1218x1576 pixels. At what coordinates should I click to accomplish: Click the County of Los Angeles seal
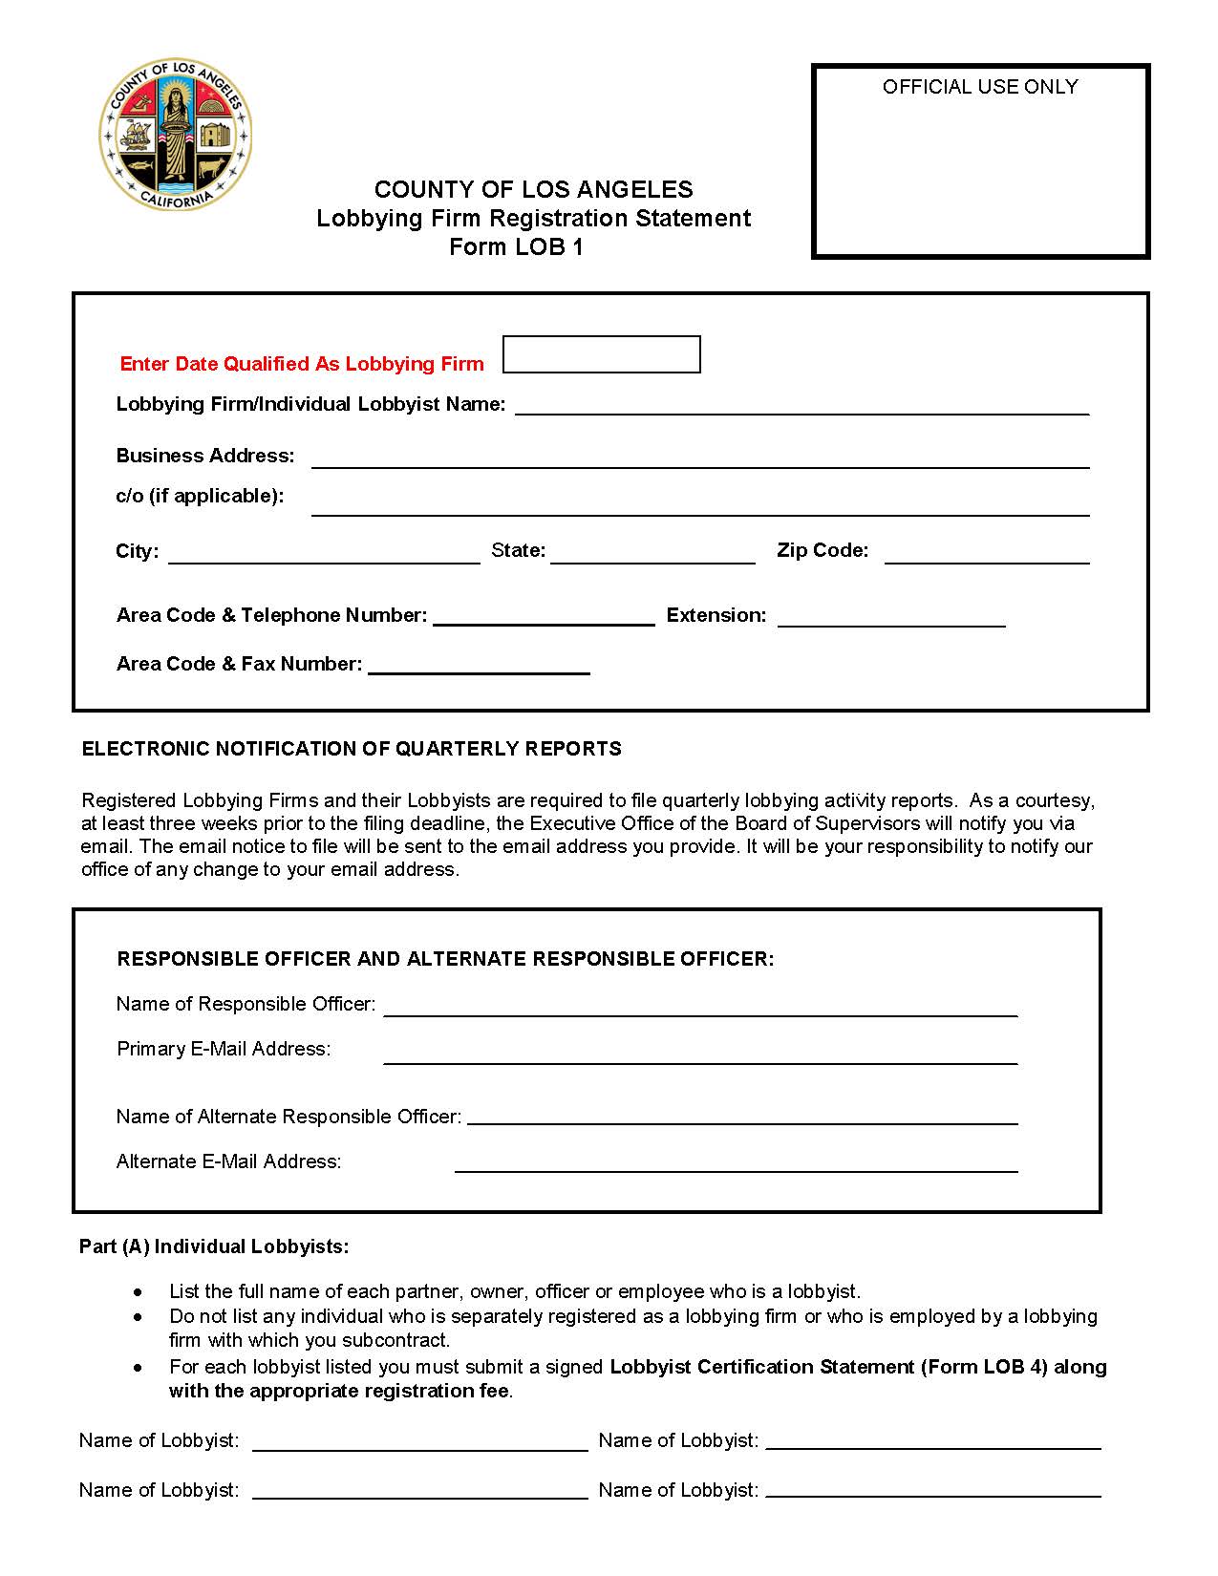click(x=176, y=134)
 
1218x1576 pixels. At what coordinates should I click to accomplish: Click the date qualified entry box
click(x=601, y=354)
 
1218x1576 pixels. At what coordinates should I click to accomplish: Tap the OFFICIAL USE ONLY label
click(x=979, y=87)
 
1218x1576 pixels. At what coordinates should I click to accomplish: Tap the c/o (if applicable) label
click(x=200, y=496)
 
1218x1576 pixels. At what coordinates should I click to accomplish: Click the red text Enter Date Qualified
click(x=302, y=364)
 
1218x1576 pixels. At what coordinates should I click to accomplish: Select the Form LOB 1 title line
click(x=516, y=247)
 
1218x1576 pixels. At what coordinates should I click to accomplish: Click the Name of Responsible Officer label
click(x=246, y=1004)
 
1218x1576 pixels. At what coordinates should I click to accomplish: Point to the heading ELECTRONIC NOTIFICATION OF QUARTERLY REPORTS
click(x=352, y=749)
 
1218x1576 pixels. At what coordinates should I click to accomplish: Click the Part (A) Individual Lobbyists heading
click(x=214, y=1246)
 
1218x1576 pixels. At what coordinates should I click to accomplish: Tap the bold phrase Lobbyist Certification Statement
click(x=761, y=1367)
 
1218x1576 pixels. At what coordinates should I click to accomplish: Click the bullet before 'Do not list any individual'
click(x=139, y=1317)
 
